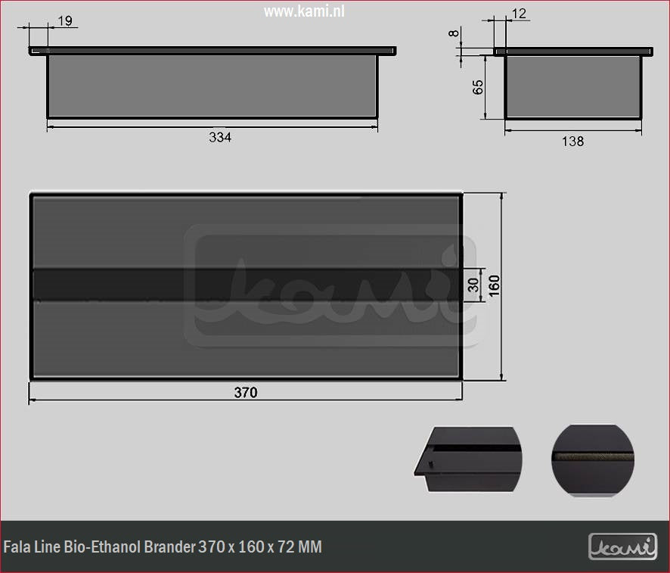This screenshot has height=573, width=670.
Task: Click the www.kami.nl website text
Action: coord(303,11)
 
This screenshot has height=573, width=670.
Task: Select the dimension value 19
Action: coord(65,21)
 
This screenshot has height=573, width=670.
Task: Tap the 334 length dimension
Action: coord(219,137)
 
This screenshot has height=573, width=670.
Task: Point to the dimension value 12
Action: coord(519,14)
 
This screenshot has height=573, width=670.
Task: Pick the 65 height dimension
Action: coord(478,86)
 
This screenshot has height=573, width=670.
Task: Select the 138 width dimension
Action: coord(573,141)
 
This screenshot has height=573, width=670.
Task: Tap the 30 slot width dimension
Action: coord(473,285)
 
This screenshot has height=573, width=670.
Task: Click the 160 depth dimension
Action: coord(494,285)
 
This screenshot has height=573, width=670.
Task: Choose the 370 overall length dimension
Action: coord(245,392)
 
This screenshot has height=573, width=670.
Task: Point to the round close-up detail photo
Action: coord(593,460)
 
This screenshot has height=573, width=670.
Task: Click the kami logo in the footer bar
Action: coord(622,547)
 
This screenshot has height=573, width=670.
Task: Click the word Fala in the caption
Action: coord(17,547)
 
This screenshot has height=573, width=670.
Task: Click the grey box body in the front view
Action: coord(212,86)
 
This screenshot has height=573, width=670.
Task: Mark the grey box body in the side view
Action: coord(572,86)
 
